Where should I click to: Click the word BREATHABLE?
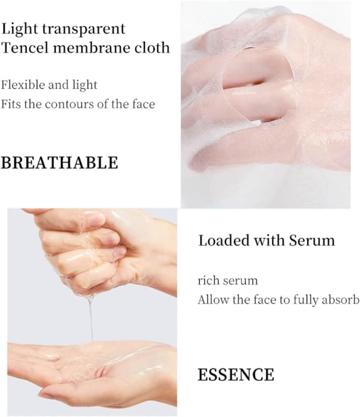click(60, 163)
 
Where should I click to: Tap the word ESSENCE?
click(236, 375)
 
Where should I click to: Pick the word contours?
click(69, 104)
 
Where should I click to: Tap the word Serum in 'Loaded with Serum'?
click(312, 241)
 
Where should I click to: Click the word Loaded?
click(224, 241)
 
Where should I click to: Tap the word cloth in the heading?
click(152, 48)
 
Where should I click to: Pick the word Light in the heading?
click(20, 29)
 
